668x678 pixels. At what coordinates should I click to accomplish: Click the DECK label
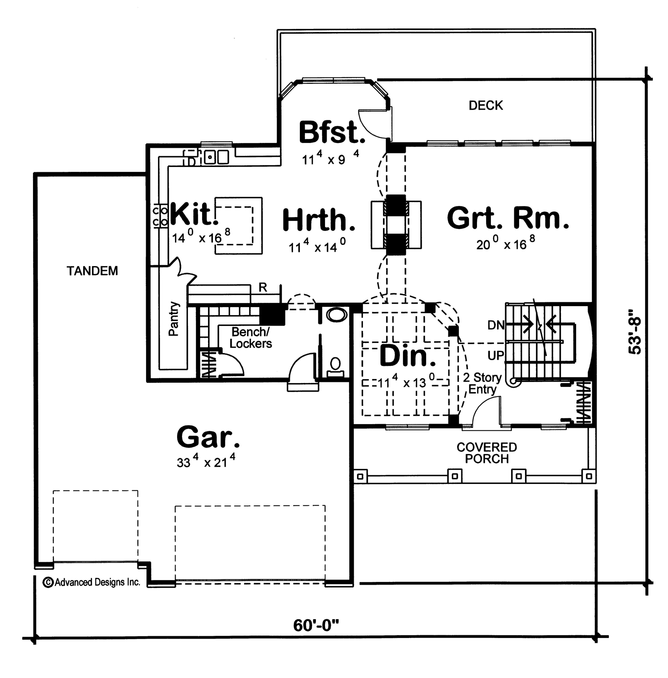coord(486,105)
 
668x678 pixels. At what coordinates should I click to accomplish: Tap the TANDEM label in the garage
coord(92,271)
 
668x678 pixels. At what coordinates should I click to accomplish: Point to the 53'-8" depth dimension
coord(634,332)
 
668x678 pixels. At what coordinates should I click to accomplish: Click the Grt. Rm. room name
coord(508,218)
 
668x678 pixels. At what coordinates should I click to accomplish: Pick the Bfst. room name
coord(332,133)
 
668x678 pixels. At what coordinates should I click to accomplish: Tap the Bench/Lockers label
coord(250,337)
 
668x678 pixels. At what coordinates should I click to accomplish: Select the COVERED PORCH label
coord(487,453)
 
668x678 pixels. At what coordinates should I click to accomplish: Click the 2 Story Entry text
coord(482,383)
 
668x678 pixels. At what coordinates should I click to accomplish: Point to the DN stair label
coord(496,325)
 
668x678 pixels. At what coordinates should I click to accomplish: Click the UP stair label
coord(496,355)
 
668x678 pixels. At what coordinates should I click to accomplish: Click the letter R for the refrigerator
coord(263,287)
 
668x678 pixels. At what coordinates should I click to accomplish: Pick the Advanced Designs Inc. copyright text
coord(92,582)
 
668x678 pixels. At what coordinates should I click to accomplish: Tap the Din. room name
coord(408,356)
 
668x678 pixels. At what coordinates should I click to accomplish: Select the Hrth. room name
coord(319,220)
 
